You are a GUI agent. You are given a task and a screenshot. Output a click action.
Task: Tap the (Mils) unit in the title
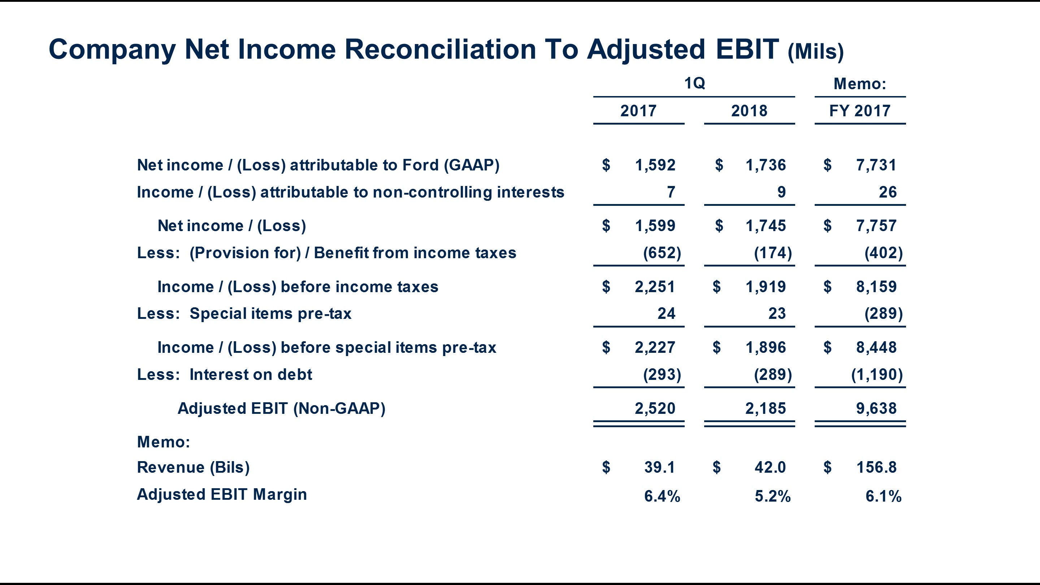(x=815, y=52)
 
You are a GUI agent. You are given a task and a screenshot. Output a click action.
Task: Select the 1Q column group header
(x=694, y=83)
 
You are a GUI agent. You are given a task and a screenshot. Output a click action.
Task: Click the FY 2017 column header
(x=859, y=110)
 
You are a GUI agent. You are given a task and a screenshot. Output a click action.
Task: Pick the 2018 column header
(x=749, y=110)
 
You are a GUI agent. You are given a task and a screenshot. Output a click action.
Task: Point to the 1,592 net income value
(x=655, y=165)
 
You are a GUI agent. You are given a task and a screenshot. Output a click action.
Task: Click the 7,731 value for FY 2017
(x=876, y=165)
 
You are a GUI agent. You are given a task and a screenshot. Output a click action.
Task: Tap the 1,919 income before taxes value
(x=766, y=287)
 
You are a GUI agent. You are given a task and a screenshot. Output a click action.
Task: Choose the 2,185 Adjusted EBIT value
(x=766, y=408)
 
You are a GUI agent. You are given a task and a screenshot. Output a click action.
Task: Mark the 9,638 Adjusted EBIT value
(x=876, y=408)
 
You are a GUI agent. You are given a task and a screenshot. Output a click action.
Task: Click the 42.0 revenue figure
(x=770, y=468)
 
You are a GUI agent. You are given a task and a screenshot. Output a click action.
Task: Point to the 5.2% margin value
(x=772, y=496)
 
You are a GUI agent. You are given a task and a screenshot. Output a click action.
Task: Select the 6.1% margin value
(x=883, y=496)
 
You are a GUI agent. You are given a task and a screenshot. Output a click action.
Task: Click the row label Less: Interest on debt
(x=225, y=375)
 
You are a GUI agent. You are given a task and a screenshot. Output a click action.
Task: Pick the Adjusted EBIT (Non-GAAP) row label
(x=281, y=408)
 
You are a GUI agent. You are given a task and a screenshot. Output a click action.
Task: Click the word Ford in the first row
(x=420, y=165)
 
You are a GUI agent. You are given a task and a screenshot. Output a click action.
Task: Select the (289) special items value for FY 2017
(x=883, y=314)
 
